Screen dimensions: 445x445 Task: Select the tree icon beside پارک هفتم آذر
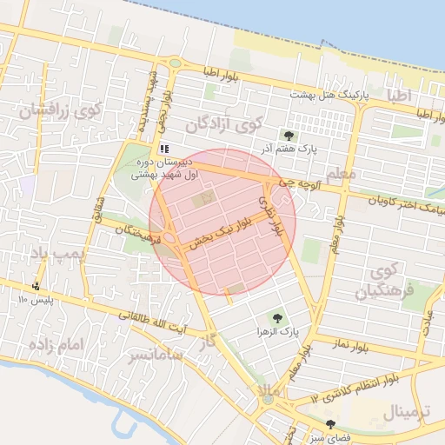point(289,135)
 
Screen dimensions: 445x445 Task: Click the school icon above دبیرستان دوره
point(164,149)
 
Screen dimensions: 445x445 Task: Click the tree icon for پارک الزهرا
point(277,318)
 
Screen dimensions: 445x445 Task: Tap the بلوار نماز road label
point(350,347)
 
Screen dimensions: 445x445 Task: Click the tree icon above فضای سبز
point(329,423)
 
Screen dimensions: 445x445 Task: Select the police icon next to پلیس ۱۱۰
point(36,286)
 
